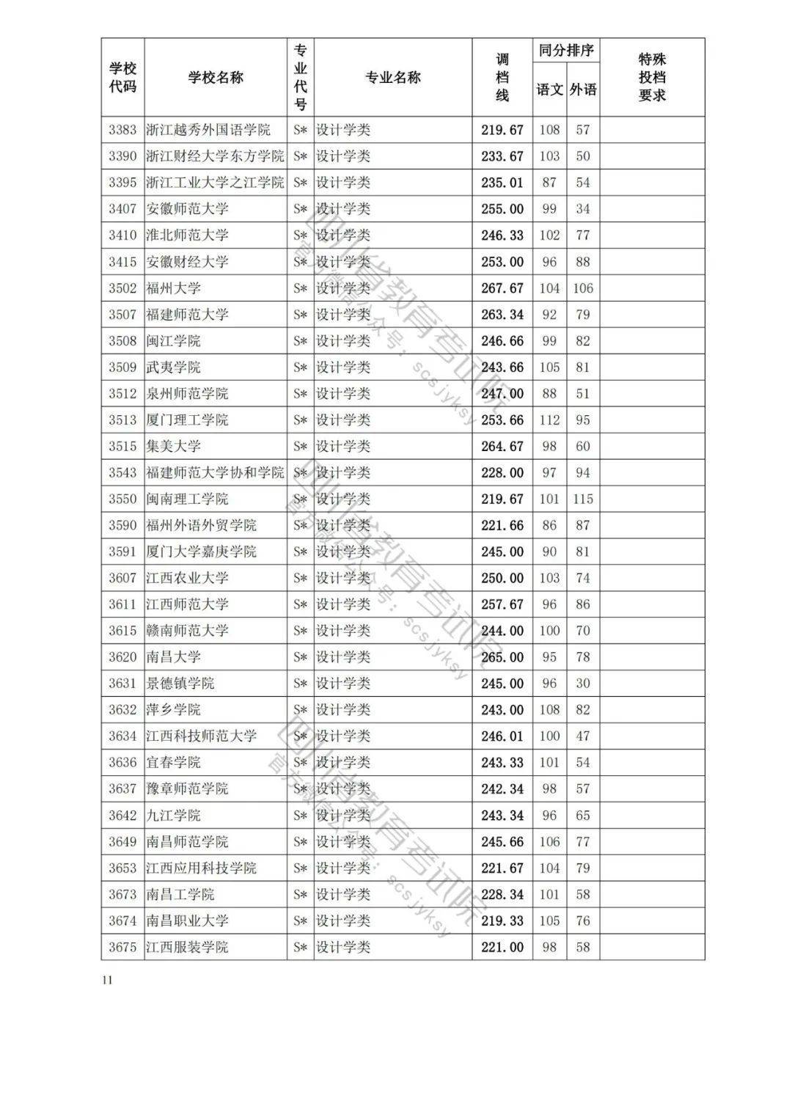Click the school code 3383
tap(122, 130)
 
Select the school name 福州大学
tap(173, 288)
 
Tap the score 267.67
tap(502, 288)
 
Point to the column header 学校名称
tap(216, 78)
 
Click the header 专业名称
tap(393, 78)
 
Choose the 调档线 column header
tap(502, 78)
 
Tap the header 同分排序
tap(565, 51)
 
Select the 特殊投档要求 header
tap(652, 78)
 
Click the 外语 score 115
tap(583, 499)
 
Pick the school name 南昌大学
tap(173, 657)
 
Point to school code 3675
tap(122, 947)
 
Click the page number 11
tap(108, 981)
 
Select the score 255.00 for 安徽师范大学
tap(502, 209)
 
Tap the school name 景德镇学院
tap(180, 684)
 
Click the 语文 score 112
tap(549, 420)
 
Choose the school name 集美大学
tap(173, 447)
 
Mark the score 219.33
tap(502, 920)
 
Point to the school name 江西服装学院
tap(187, 947)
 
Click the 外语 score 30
tap(583, 684)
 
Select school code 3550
tap(122, 499)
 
